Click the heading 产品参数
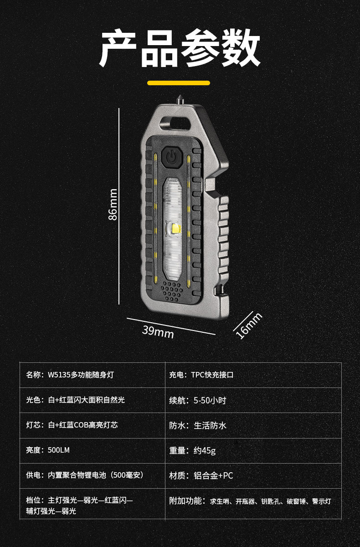point(180,49)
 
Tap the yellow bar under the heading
point(179,83)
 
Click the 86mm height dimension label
point(113,204)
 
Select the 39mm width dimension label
point(158,331)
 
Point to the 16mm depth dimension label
point(249,325)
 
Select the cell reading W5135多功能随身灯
point(81,375)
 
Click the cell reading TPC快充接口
point(212,375)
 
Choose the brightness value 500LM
point(59,450)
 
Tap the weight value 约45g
point(204,450)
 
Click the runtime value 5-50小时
point(209,400)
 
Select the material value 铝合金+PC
point(213,475)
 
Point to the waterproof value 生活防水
point(210,425)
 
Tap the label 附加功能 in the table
point(185,501)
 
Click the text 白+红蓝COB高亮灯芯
point(82,425)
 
